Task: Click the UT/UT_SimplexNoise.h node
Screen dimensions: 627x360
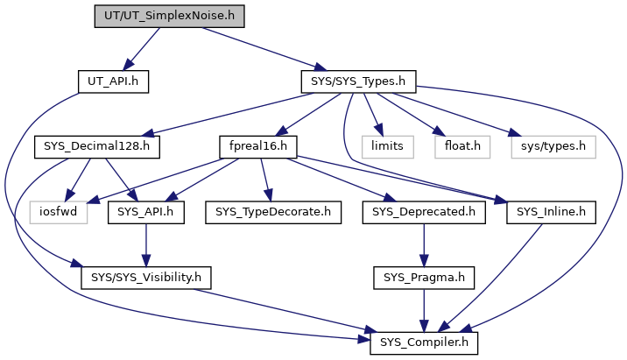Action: coord(169,17)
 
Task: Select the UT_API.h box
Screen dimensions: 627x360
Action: coord(113,81)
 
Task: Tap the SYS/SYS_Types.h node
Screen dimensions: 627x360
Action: coord(358,81)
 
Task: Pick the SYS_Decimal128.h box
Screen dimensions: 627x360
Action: coord(97,147)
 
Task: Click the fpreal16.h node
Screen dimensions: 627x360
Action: coord(258,147)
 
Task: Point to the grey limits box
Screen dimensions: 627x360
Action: coord(387,147)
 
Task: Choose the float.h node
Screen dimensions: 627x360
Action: coord(462,147)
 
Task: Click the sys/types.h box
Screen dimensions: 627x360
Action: coord(553,147)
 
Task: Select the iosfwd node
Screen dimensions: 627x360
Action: coord(59,212)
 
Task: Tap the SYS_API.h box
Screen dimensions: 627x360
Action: coord(146,212)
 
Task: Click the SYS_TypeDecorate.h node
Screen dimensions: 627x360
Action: coord(273,212)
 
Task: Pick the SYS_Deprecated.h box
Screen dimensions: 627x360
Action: coord(424,212)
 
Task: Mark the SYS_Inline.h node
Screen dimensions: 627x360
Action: coord(551,212)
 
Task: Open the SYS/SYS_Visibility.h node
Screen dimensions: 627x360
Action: coord(146,278)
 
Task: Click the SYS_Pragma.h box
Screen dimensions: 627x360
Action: coord(424,278)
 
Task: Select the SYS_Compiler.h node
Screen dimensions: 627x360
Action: coord(424,342)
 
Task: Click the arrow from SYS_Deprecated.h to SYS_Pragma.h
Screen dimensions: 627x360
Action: coord(424,245)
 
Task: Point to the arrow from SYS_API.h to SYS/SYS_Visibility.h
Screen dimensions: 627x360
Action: coord(146,245)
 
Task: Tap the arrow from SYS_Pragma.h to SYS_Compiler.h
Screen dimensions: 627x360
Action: coord(424,310)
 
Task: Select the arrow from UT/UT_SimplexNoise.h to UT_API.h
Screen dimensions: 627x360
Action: coord(142,49)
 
